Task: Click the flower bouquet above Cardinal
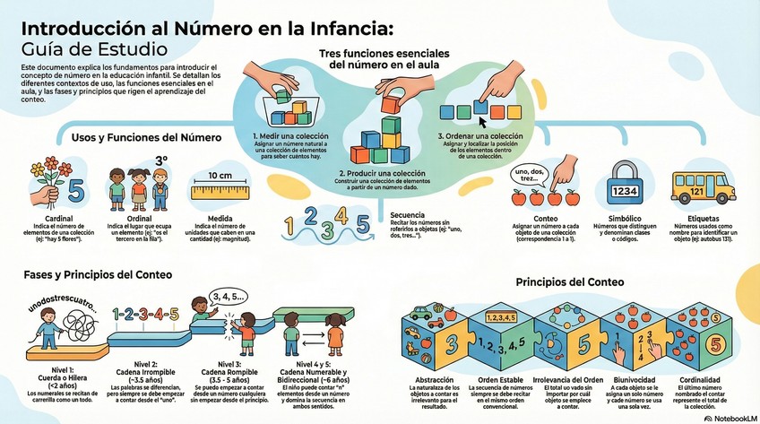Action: point(45,179)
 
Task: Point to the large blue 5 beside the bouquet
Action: point(75,190)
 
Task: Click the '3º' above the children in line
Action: point(162,160)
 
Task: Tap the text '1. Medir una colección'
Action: point(289,136)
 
